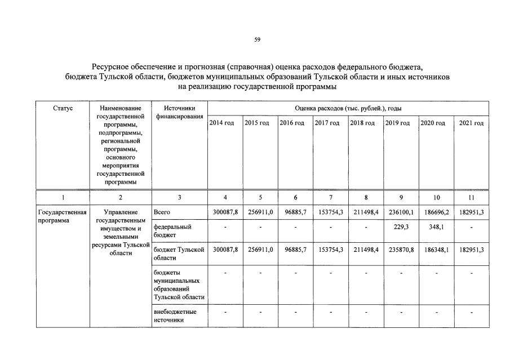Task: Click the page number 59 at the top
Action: (257, 39)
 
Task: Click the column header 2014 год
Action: (221, 123)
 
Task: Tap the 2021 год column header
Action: (471, 123)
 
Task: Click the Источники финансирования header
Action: (179, 112)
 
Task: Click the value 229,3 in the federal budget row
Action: (401, 228)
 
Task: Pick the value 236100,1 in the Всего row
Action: (401, 212)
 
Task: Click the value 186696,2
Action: (436, 212)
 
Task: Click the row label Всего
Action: (162, 212)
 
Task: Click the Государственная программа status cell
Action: (62, 216)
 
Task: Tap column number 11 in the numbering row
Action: (471, 198)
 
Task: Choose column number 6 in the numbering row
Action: (295, 198)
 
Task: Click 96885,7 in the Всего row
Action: (295, 212)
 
